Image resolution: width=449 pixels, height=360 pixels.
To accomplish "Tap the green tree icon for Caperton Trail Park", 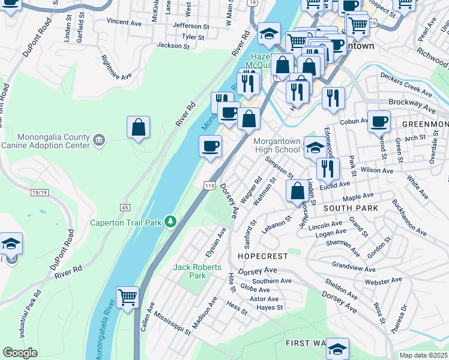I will (x=171, y=223).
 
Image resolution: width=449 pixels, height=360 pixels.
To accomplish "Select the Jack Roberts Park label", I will (x=197, y=271).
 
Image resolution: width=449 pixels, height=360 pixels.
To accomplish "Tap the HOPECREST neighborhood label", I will (x=264, y=256).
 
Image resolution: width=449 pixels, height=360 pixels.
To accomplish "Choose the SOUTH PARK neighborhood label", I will (x=351, y=208).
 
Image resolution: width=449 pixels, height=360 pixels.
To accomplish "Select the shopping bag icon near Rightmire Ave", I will (x=138, y=127).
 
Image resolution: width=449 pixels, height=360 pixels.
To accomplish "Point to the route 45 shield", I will (x=125, y=207).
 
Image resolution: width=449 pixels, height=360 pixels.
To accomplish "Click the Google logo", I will (x=20, y=353).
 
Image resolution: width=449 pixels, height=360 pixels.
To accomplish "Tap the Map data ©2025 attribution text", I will (x=423, y=355).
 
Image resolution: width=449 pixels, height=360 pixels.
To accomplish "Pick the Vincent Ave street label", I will (x=124, y=21).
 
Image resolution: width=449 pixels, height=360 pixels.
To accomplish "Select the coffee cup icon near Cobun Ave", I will (x=379, y=121).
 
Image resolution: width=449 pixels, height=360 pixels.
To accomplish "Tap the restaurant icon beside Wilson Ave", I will (x=328, y=168).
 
